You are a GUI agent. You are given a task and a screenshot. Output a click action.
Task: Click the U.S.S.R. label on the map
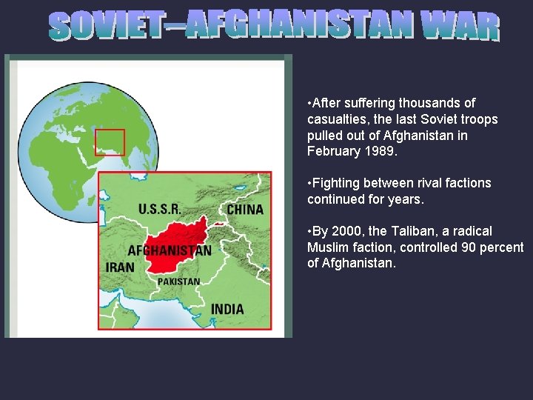[165, 209]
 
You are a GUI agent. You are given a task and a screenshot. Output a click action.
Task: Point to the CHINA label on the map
[244, 209]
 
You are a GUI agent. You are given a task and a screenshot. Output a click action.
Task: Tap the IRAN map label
[120, 267]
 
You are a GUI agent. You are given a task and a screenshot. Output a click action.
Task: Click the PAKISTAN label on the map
[178, 281]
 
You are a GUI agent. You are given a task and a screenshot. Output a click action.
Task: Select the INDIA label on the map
[227, 308]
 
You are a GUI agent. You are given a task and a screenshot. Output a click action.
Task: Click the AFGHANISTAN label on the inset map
[170, 250]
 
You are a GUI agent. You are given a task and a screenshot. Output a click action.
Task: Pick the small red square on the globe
[110, 141]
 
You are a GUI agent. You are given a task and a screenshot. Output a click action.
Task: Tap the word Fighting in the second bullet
[338, 183]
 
